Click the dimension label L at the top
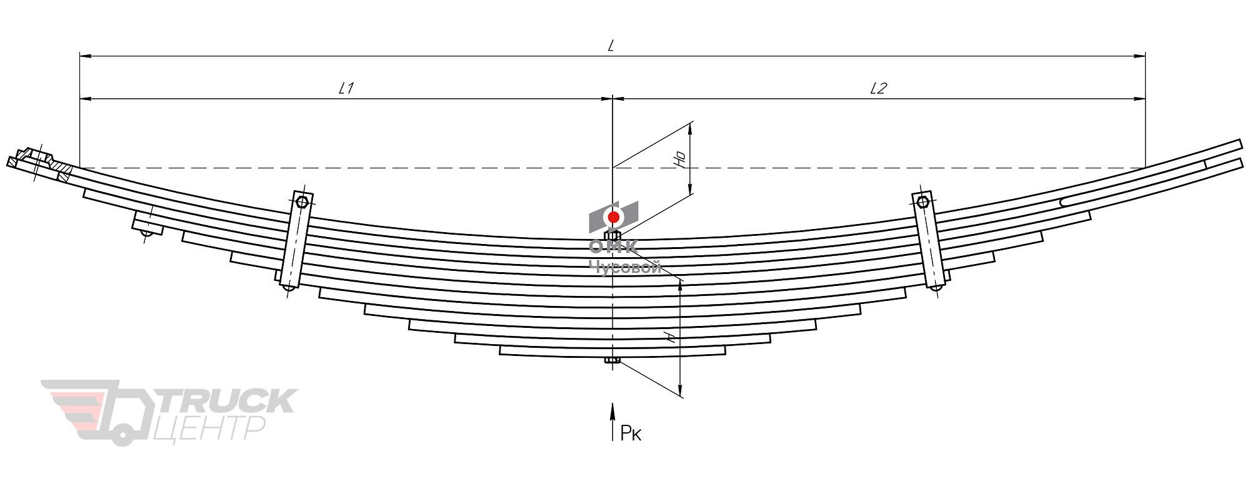[x=612, y=46]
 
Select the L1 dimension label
[x=346, y=88]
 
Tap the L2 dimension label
[x=878, y=88]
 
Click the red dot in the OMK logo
[x=614, y=217]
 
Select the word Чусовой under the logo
[x=625, y=268]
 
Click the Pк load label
[x=631, y=432]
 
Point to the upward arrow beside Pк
[x=612, y=422]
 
